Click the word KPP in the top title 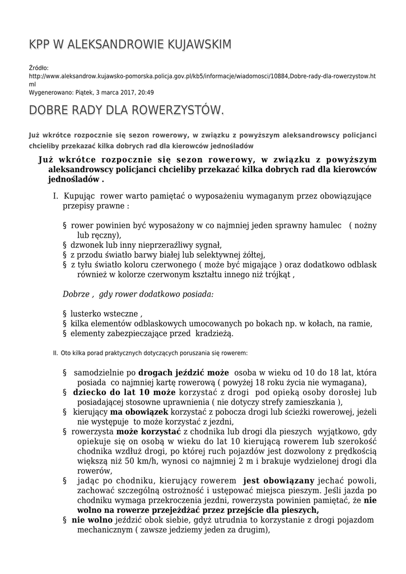point(40,44)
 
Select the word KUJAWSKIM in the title point(194,44)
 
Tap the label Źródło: point(39,68)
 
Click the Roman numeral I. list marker point(55,197)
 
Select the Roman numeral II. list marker point(55,354)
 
